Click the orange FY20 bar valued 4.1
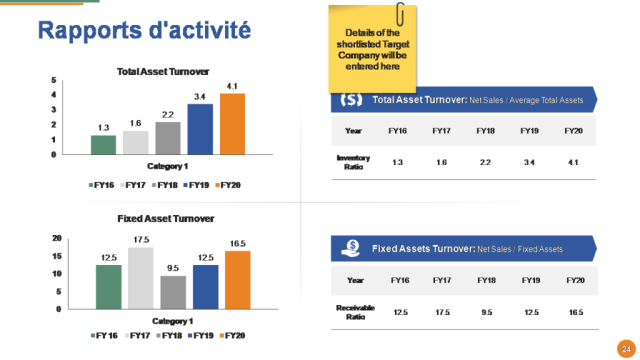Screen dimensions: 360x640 (x=232, y=124)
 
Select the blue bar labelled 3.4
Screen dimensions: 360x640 (x=200, y=130)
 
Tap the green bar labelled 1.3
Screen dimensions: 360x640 (x=104, y=145)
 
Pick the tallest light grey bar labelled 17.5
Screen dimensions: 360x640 (x=141, y=277)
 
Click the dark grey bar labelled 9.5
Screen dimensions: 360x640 (x=173, y=291)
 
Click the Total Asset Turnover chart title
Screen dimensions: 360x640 (x=163, y=72)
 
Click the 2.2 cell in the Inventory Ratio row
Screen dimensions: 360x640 (x=486, y=161)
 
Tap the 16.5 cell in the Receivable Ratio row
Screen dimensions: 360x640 (x=574, y=312)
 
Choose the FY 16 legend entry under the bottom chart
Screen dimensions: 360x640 (x=104, y=334)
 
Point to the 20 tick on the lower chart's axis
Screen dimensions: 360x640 (x=57, y=238)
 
